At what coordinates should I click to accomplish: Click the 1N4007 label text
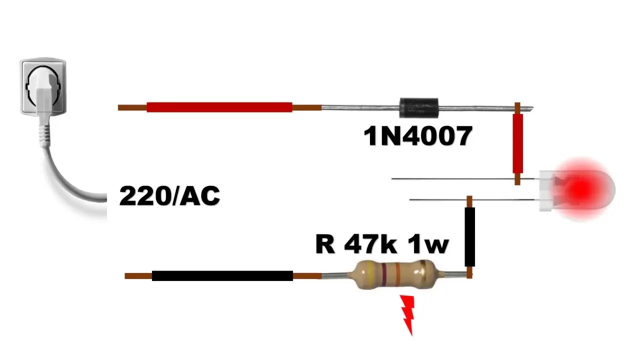[x=418, y=136]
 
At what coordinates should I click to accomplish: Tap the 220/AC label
[x=169, y=196]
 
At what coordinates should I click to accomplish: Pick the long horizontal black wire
[x=222, y=275]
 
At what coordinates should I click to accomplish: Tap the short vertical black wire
[x=469, y=237]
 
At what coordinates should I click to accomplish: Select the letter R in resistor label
[x=325, y=245]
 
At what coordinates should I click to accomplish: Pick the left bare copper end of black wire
[x=138, y=275]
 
